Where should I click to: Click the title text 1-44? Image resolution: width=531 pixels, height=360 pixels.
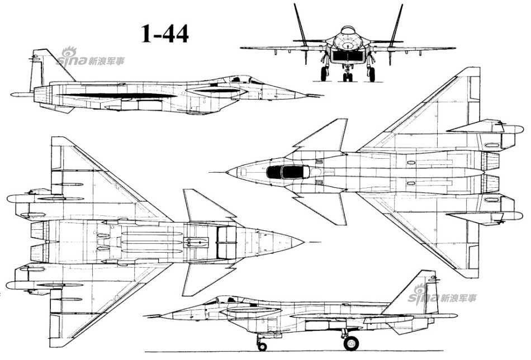[164, 34]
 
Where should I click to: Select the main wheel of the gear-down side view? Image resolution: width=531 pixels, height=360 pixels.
[351, 343]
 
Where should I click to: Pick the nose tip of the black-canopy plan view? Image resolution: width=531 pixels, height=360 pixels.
[227, 173]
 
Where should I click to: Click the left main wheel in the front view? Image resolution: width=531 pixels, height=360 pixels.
[324, 73]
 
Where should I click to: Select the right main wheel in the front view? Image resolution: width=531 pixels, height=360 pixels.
[372, 73]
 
